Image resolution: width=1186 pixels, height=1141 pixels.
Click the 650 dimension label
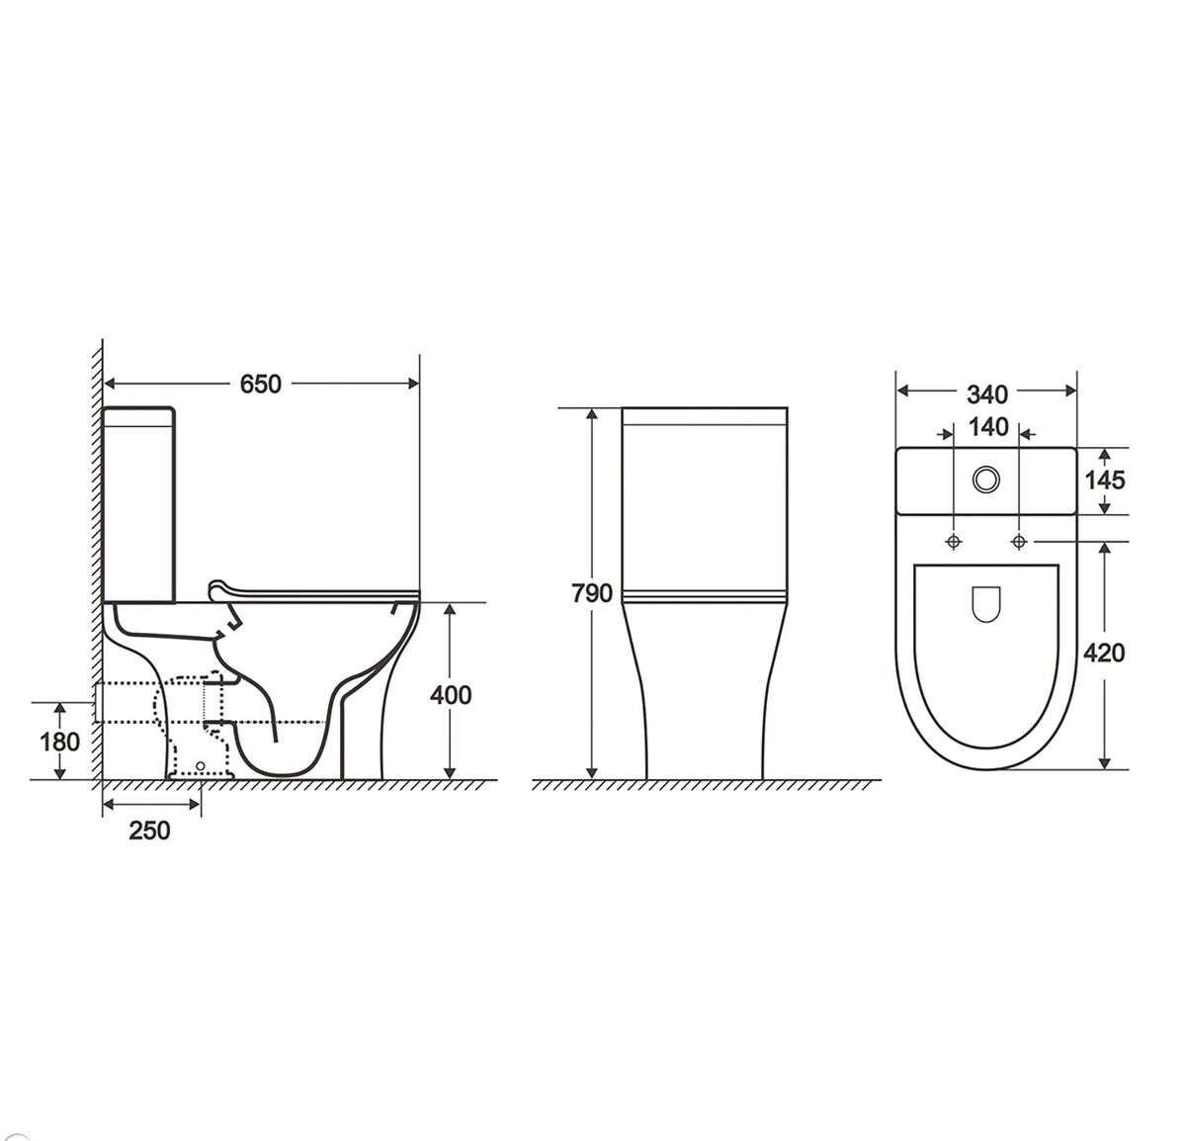[x=260, y=385]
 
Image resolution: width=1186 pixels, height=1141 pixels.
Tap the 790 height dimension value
[x=591, y=593]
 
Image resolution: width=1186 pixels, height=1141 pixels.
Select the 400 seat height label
[x=451, y=695]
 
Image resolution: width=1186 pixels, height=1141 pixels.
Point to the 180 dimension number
[x=59, y=743]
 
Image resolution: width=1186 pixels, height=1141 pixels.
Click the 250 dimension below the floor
[x=149, y=831]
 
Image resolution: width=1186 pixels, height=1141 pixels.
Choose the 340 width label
[x=986, y=395]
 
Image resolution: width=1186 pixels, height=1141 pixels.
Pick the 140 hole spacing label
[x=988, y=427]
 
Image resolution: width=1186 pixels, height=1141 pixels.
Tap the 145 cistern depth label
[x=1105, y=481]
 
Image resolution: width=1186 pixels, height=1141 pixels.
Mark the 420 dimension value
[x=1104, y=654]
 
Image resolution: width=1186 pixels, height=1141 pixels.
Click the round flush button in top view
[x=986, y=479]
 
